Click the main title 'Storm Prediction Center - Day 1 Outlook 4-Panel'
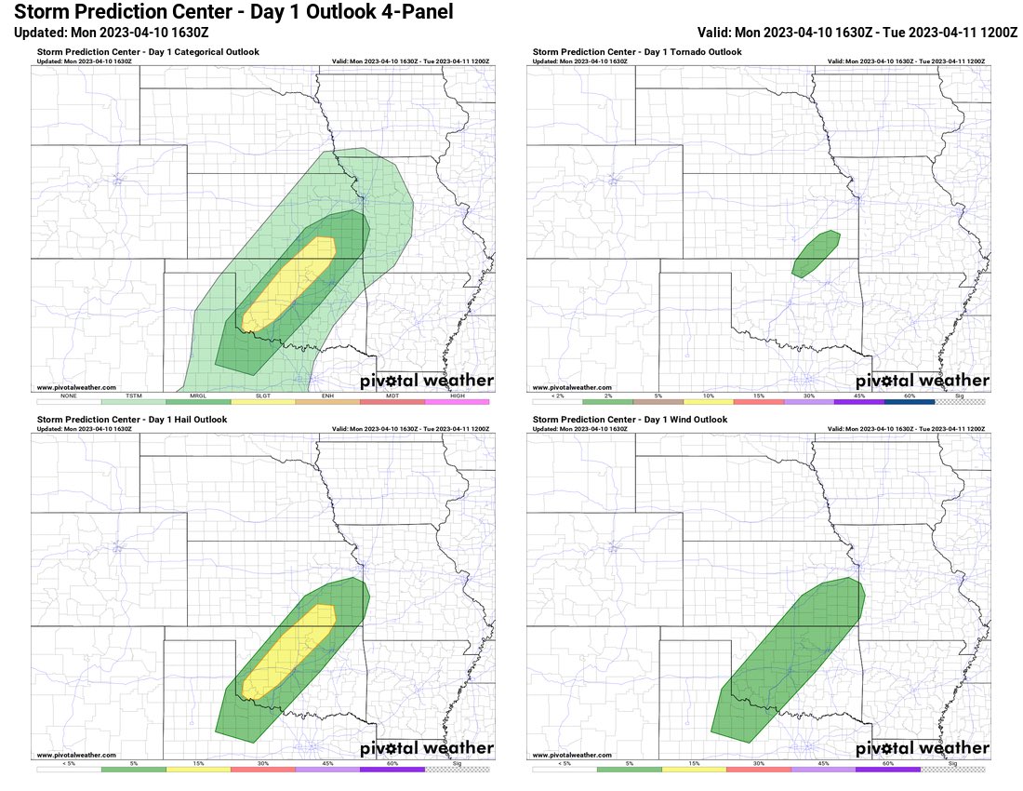[x=233, y=12]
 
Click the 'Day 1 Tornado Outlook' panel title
[x=637, y=52]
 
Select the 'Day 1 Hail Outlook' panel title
[x=132, y=420]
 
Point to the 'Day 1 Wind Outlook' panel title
[x=630, y=420]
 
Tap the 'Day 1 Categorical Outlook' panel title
[x=148, y=52]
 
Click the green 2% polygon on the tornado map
[x=817, y=252]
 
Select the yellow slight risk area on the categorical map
[x=288, y=284]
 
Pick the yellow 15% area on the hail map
[x=288, y=651]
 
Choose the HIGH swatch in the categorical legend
[x=457, y=401]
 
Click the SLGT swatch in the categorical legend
[x=263, y=401]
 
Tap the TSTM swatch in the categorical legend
[x=133, y=401]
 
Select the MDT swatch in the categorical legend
[x=392, y=401]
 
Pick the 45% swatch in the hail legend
[x=327, y=769]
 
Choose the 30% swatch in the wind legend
[x=758, y=769]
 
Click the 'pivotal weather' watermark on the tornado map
[x=922, y=381]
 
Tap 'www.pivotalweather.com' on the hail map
[x=76, y=755]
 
